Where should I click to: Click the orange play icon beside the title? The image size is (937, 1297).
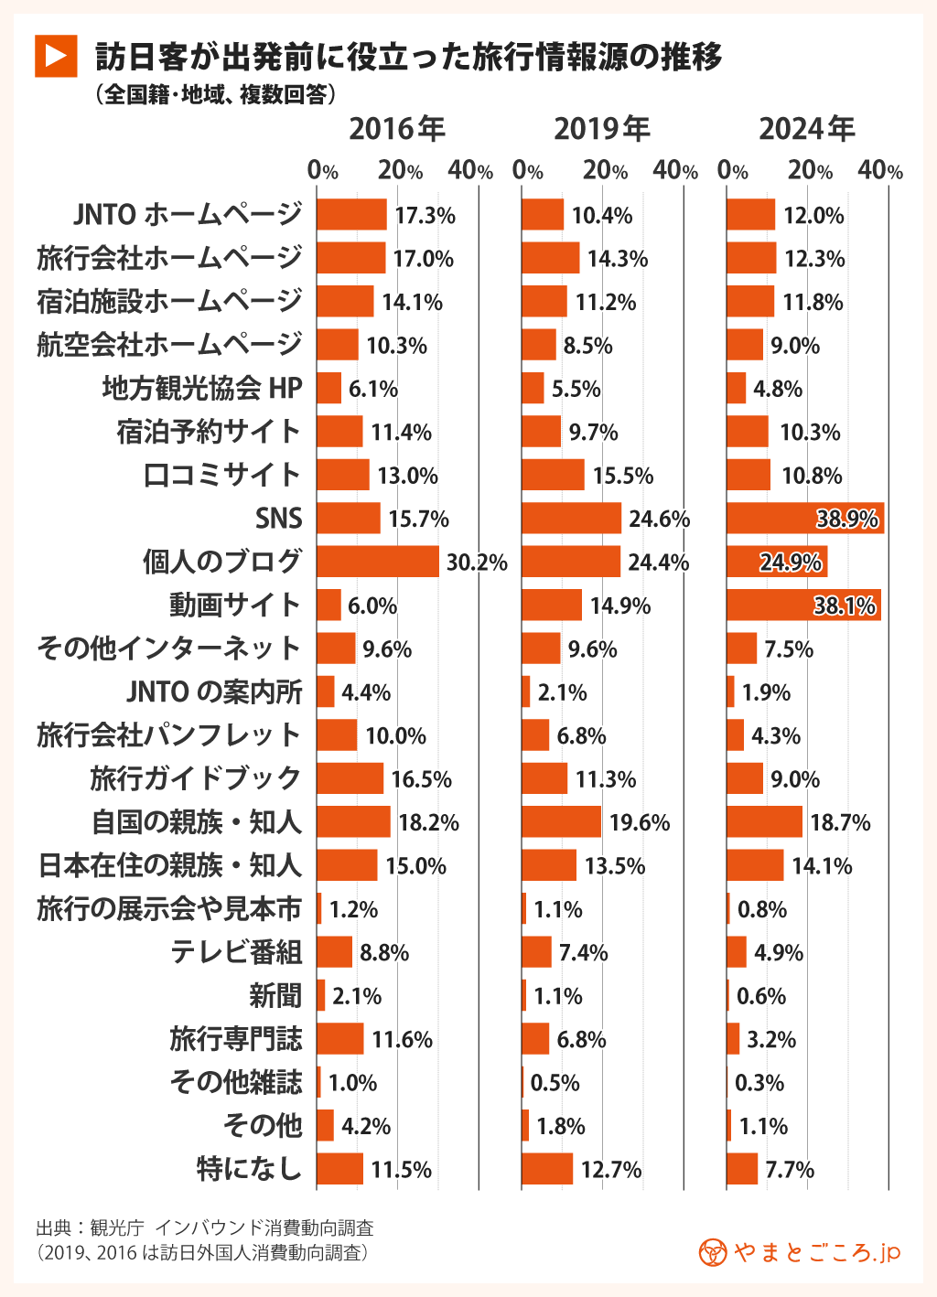(x=56, y=56)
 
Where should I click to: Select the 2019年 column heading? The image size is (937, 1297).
(x=601, y=129)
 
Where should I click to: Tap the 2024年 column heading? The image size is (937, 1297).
(x=806, y=129)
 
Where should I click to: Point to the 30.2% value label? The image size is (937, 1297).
(x=477, y=563)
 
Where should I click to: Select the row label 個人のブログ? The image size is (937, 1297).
(x=221, y=562)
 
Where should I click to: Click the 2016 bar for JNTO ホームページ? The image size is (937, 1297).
(x=351, y=215)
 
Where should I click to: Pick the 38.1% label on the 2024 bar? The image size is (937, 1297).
(x=845, y=606)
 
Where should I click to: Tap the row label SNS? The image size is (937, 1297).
(x=278, y=519)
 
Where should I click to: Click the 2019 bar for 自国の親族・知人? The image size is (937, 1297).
(x=561, y=822)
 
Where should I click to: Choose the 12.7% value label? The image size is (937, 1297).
(x=611, y=1170)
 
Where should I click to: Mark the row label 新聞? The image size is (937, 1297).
(x=275, y=996)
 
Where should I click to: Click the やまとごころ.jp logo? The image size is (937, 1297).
(x=800, y=1252)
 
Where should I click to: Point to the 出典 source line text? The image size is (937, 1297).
(x=205, y=1227)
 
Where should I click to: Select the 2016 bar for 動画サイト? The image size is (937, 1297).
(x=328, y=606)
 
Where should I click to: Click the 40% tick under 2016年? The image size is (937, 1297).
(x=471, y=171)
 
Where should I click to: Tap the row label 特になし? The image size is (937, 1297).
(x=249, y=1169)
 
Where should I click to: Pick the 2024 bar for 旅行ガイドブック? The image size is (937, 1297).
(x=745, y=779)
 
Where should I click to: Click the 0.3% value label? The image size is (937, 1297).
(x=759, y=1083)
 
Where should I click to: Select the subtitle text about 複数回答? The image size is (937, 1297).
(x=215, y=94)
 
